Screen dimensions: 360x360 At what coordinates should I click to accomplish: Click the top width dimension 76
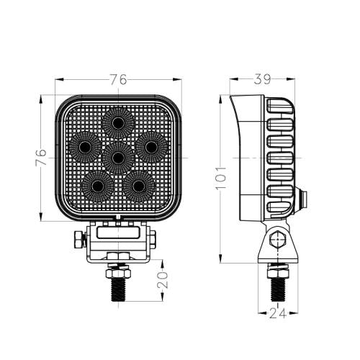(x=118, y=79)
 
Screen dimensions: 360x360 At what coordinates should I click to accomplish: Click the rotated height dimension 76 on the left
(x=41, y=156)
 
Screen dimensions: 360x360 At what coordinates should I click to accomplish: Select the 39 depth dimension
(x=261, y=78)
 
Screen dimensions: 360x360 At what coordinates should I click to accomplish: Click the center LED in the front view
(x=117, y=155)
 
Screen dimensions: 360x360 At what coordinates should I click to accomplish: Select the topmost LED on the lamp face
(x=117, y=122)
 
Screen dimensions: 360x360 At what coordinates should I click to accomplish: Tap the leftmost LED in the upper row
(x=84, y=147)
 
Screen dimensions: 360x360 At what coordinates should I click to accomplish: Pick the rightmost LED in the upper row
(x=150, y=147)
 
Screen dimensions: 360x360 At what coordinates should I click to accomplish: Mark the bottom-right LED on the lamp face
(x=138, y=186)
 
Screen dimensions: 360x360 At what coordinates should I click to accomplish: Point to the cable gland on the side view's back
(x=302, y=199)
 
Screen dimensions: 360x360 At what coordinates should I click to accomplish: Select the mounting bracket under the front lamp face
(x=118, y=241)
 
